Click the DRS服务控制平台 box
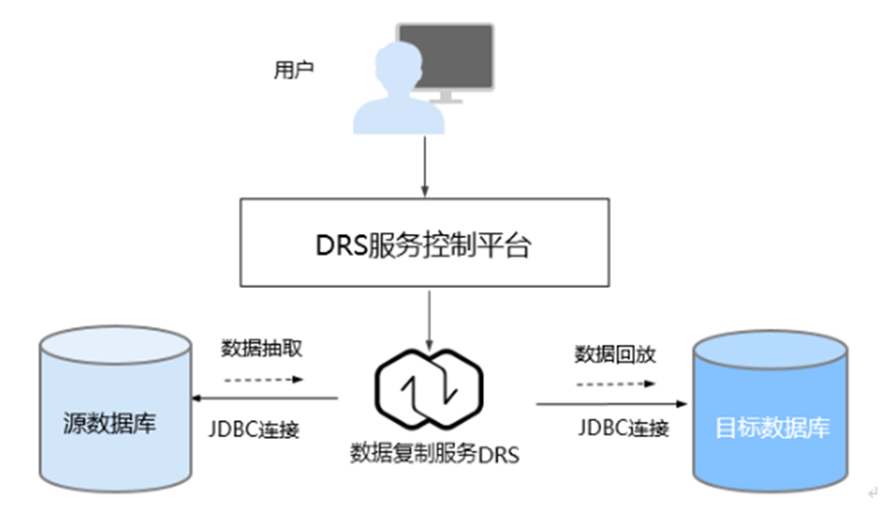click(424, 244)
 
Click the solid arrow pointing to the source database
click(265, 399)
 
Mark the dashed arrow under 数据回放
click(615, 383)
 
